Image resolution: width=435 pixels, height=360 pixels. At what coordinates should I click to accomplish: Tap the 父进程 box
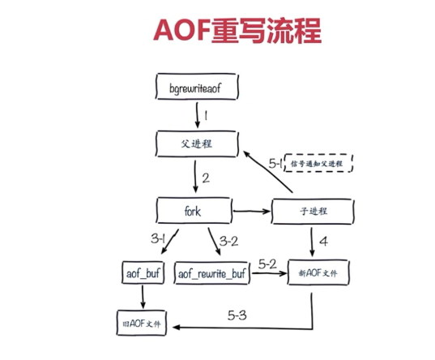(x=197, y=144)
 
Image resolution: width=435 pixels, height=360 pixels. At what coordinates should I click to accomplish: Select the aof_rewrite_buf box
(x=210, y=274)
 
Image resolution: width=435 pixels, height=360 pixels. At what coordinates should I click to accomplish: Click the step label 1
(x=206, y=115)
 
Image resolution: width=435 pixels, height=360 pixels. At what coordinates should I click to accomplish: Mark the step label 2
(x=206, y=178)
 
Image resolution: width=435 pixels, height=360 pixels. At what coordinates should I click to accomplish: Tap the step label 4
(x=322, y=241)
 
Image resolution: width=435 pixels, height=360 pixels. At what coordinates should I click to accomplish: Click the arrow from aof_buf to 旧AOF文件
(x=143, y=298)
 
